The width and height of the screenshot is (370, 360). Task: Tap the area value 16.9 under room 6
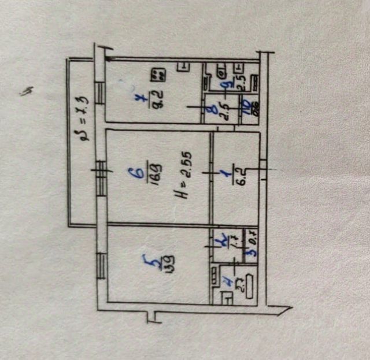[x=154, y=172]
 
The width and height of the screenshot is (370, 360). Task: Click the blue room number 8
[x=214, y=107]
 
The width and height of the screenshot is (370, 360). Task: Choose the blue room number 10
[x=245, y=107]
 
